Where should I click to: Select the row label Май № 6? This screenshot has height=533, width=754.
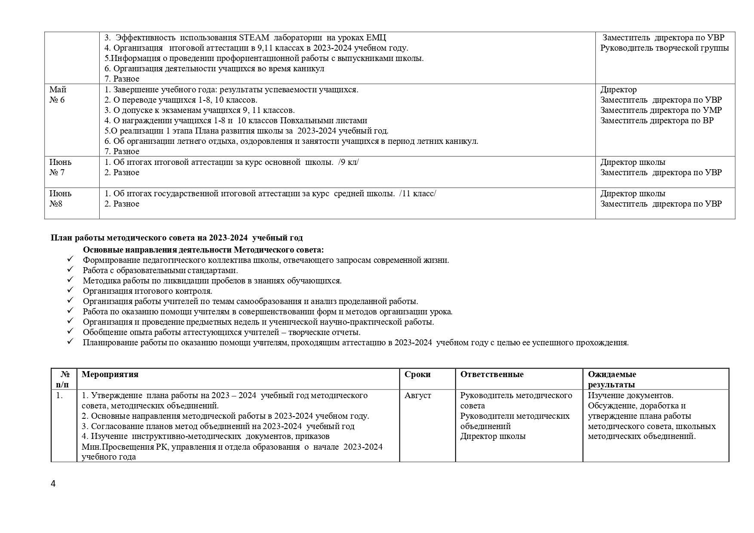pos(58,95)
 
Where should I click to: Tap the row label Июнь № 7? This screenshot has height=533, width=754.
pos(60,168)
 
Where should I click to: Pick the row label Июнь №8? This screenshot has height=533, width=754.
pos(60,199)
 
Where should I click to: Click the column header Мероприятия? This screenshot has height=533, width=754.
pos(110,375)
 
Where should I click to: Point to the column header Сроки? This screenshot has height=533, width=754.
pos(417,375)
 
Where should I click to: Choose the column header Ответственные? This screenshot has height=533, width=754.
pos(492,375)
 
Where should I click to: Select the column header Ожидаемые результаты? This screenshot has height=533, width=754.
pos(612,380)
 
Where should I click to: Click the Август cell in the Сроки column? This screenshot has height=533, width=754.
pos(417,396)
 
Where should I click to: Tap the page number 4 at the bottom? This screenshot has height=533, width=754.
pos(53,484)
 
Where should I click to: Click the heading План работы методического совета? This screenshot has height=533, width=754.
pos(176,238)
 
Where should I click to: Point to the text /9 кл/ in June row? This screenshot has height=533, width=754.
pos(348,162)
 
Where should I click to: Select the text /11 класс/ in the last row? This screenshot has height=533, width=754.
pos(417,194)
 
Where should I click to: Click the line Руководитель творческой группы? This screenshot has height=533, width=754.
pos(664,48)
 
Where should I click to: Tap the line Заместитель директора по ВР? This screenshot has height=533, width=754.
pos(656,121)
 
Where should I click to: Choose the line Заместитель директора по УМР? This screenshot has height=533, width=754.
pos(661,110)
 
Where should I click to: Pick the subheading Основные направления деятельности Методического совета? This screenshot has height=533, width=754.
pos(203,250)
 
